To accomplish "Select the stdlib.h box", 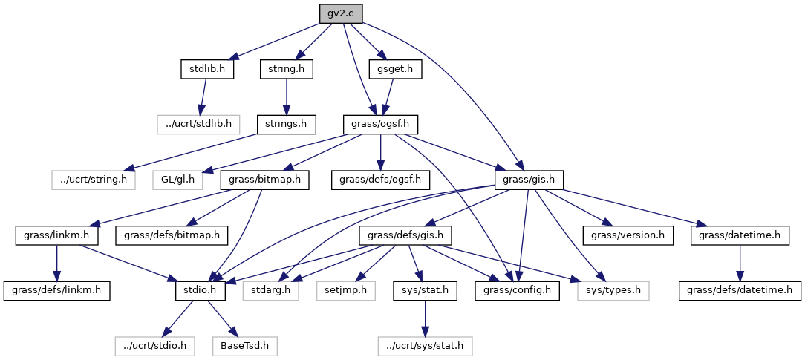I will (x=207, y=69).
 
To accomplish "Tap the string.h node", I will (x=286, y=69).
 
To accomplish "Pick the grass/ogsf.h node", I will (x=381, y=124).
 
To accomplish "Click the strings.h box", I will (x=286, y=124).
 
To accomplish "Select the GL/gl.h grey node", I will (x=178, y=179).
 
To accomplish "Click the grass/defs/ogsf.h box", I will (x=380, y=179).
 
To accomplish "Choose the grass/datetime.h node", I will (x=739, y=235).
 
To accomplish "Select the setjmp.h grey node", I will (x=343, y=290).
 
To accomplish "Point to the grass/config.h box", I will (x=518, y=290).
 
